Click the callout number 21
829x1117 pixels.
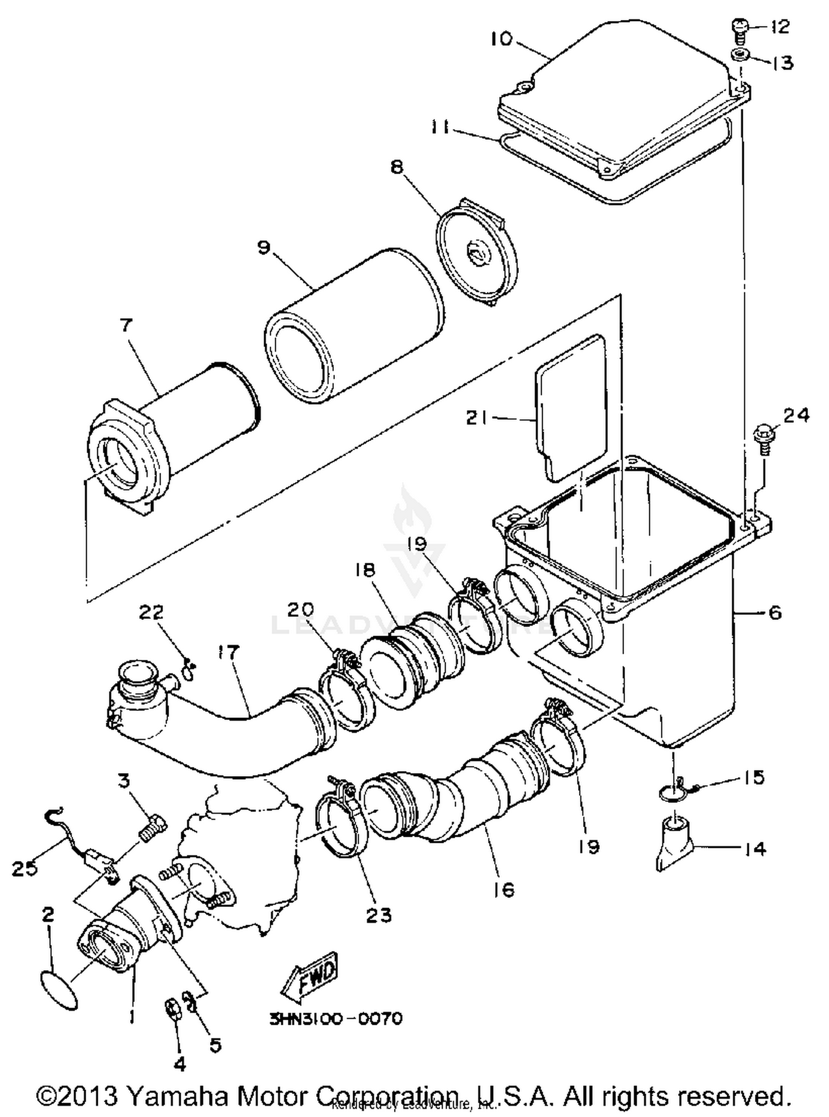coord(477,418)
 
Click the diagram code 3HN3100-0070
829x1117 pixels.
coord(336,1018)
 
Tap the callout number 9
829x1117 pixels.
coord(264,247)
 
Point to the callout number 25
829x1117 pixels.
coord(25,868)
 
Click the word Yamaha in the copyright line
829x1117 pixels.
coord(177,1095)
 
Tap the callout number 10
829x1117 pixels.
coord(502,39)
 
